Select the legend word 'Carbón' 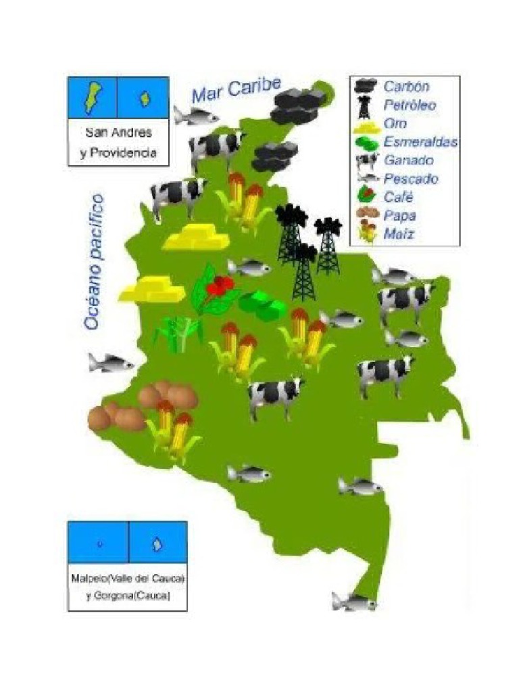pos(406,87)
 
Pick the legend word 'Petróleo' pos(410,105)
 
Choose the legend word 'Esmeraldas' pos(420,142)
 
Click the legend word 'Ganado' pos(409,160)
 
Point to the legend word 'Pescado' pos(411,179)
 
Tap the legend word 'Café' pos(398,198)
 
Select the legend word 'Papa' pos(399,216)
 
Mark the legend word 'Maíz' pos(399,235)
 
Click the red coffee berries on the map pos(220,286)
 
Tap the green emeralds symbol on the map pos(263,305)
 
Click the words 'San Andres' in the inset pos(118,133)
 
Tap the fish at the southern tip pos(353,601)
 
